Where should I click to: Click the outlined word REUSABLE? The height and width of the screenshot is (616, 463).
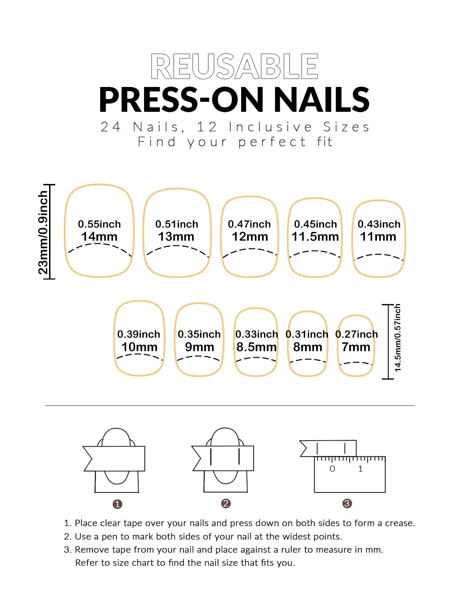234,66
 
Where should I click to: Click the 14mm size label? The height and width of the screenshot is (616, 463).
99,237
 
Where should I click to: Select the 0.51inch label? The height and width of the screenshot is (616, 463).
177,224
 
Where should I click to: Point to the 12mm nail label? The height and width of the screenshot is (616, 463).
250,237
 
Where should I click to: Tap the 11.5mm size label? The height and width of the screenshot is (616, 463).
315,237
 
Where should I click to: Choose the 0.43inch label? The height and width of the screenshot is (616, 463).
379,224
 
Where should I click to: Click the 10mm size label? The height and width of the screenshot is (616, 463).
139,347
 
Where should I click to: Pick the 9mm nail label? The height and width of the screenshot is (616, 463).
199,347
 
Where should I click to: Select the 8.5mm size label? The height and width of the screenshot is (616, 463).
256,347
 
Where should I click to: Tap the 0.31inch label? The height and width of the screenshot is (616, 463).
307,334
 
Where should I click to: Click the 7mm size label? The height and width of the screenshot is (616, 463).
356,347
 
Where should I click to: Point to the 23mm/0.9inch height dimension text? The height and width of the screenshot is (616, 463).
43,233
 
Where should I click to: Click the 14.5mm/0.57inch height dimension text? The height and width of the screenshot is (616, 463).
398,338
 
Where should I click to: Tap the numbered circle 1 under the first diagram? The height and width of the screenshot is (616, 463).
117,504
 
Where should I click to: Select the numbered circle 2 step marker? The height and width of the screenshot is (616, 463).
226,503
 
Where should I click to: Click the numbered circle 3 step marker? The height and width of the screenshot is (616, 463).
347,503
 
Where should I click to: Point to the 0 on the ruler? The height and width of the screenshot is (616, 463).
332,469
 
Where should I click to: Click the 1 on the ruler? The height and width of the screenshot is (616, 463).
360,469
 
